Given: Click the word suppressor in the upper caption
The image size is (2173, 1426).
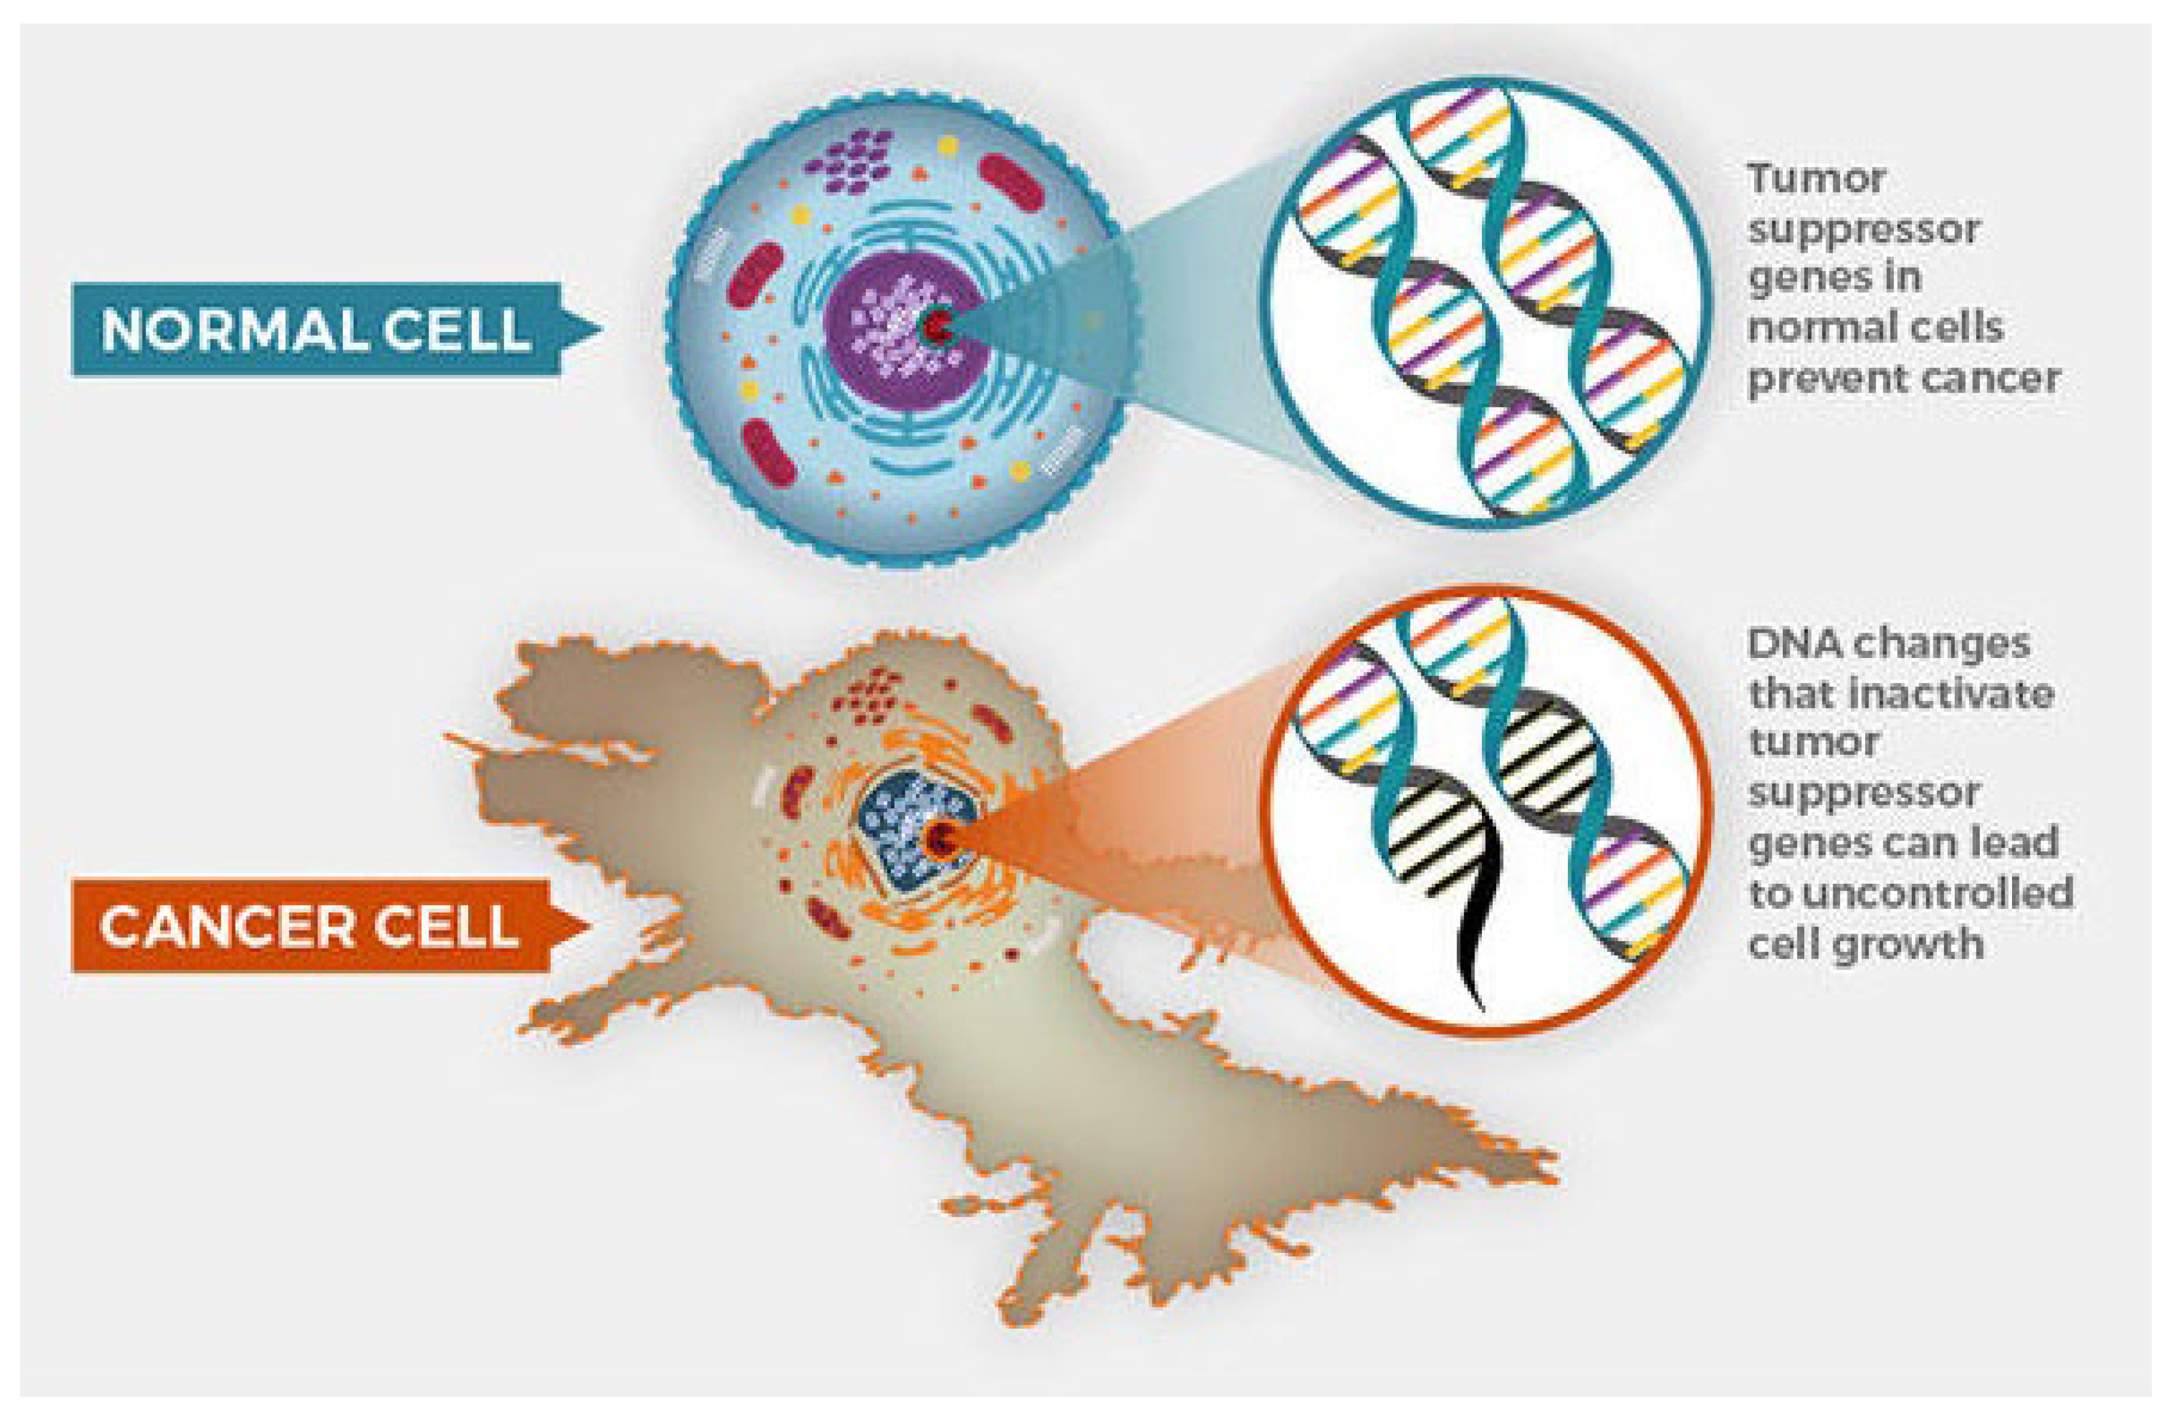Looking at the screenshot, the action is [1862, 229].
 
